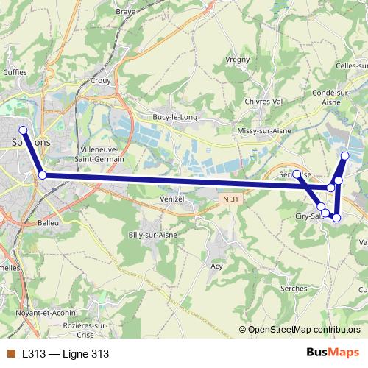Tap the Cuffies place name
(x=15, y=72)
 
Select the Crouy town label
(x=100, y=81)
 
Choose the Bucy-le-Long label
(x=171, y=116)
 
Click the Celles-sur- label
(x=351, y=66)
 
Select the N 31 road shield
(x=230, y=199)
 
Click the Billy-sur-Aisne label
(x=153, y=234)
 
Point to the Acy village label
(x=216, y=266)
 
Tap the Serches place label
(x=294, y=288)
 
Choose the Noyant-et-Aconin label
(x=29, y=312)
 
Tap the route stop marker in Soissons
(x=23, y=130)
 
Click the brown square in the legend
(x=10, y=353)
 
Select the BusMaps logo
(x=333, y=353)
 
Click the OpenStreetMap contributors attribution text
(x=302, y=329)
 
